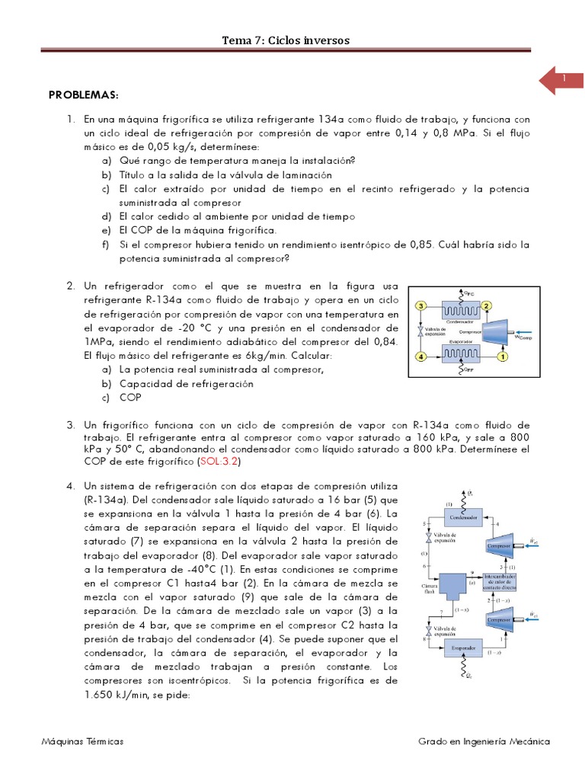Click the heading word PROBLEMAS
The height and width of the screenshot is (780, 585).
84,95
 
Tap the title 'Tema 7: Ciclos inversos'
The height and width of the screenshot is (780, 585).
286,40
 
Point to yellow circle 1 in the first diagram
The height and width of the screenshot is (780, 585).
503,356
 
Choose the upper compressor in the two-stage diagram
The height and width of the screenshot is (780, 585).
500,546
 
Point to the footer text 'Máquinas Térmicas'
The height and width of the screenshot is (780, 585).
83,741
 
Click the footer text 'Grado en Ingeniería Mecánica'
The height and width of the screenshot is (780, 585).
484,741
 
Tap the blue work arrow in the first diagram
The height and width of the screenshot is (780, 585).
526,331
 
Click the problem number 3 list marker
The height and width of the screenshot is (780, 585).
70,424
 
